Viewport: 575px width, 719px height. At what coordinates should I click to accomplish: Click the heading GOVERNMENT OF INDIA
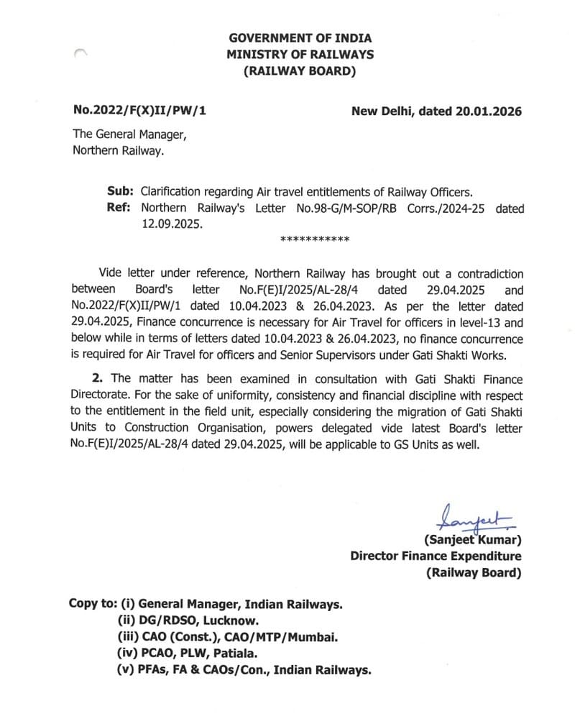300,38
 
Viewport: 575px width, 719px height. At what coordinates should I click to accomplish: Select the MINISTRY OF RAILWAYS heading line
300,55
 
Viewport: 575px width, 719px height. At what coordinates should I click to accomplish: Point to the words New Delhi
379,111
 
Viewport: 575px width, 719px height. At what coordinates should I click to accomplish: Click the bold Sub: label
120,192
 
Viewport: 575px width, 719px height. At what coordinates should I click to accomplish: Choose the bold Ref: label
120,209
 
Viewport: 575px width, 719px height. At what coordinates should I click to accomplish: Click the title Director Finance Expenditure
436,557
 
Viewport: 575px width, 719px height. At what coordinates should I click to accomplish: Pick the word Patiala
236,654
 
